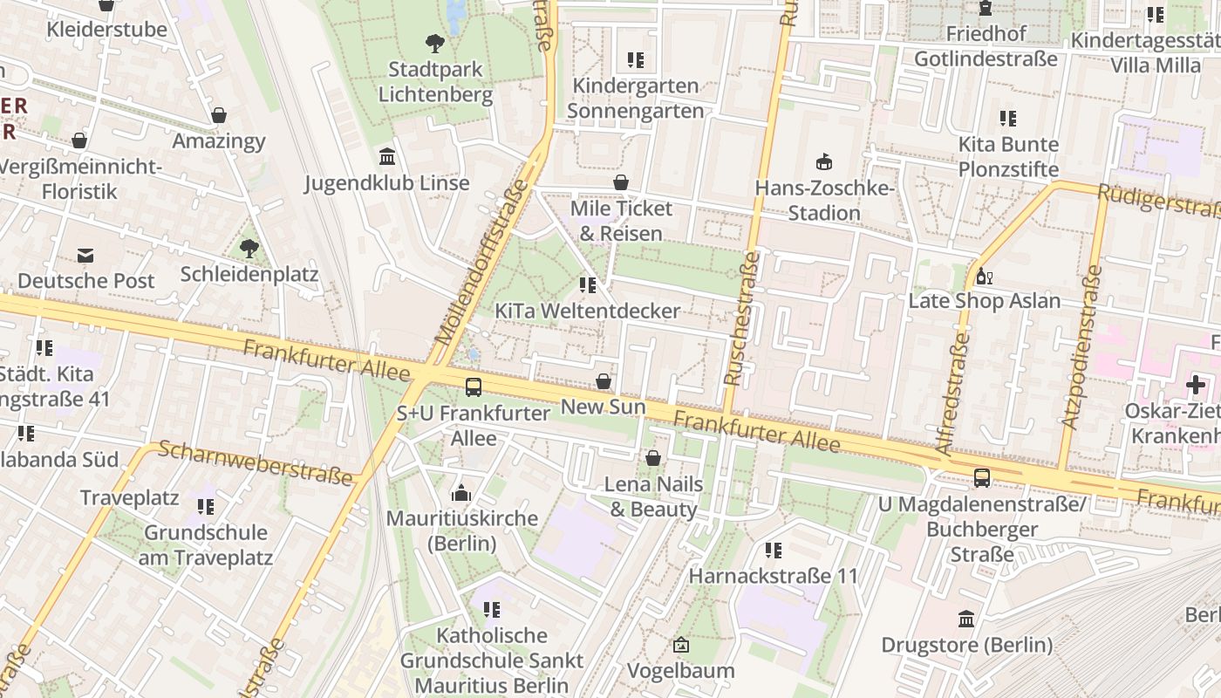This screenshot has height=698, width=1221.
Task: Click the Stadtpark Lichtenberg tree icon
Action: tap(434, 43)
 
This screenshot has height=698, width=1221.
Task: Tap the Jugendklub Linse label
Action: tap(386, 183)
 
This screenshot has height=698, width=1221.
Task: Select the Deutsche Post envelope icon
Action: tap(85, 255)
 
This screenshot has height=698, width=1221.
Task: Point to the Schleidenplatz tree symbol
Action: tap(249, 249)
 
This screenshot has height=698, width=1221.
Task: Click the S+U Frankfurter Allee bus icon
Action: tap(473, 387)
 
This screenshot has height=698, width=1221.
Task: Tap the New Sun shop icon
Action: tap(603, 381)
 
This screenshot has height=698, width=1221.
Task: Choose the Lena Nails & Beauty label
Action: tap(653, 496)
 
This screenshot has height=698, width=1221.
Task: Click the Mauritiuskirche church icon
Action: tap(461, 493)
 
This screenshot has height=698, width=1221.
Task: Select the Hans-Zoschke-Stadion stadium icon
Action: tap(823, 161)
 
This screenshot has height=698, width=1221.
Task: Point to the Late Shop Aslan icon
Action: tap(985, 277)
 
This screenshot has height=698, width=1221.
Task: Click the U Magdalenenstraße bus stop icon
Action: tap(982, 478)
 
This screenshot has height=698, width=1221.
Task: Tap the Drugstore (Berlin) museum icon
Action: tap(966, 619)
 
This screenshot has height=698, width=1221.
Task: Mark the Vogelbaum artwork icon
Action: tap(681, 646)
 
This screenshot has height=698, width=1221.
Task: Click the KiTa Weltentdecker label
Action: tap(587, 311)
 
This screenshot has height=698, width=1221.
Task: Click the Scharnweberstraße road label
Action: tap(256, 463)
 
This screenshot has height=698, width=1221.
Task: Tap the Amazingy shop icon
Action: tap(219, 115)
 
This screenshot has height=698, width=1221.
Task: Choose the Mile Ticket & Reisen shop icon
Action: tap(621, 182)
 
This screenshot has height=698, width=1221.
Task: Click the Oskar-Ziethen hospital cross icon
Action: tap(1195, 385)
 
